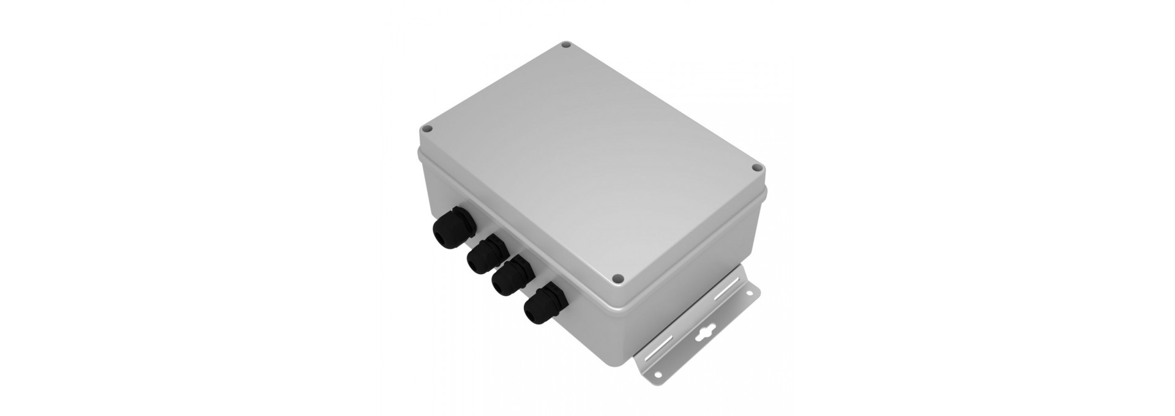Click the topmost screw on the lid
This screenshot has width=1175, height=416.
[x=567, y=45]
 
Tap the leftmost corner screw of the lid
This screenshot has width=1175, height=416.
[x=428, y=129]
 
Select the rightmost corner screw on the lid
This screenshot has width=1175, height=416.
[x=758, y=166]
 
